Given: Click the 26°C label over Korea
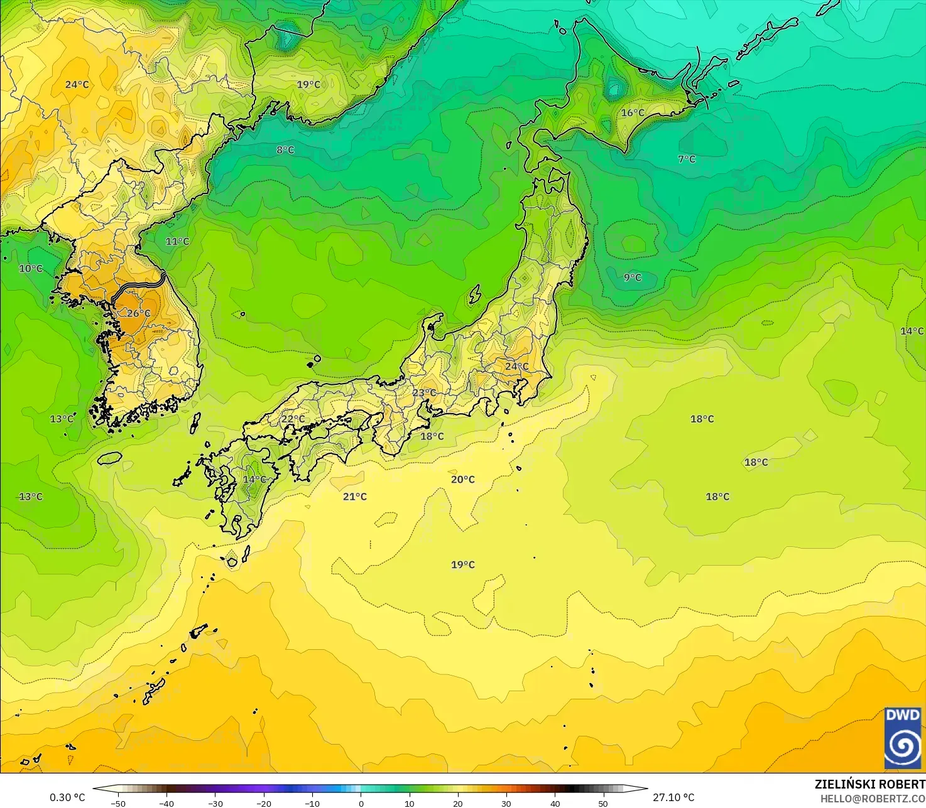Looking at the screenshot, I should tap(139, 313).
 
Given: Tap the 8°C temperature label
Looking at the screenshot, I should tap(285, 150).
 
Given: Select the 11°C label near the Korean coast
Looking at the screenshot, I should tap(177, 241).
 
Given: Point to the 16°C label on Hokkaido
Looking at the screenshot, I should tap(633, 113).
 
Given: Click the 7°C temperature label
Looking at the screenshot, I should tap(687, 159).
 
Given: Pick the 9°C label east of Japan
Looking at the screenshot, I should tap(633, 277).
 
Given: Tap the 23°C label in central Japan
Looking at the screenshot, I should tap(424, 393).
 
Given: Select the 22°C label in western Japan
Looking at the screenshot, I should tap(293, 419).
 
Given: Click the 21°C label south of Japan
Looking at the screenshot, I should tap(355, 497).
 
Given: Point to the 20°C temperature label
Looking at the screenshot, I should tap(463, 480).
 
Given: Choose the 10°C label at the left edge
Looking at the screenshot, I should tap(31, 269).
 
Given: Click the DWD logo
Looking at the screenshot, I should tap(903, 738).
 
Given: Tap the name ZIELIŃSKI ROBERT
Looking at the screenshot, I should tap(869, 784).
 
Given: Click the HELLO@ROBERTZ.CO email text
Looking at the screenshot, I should tap(873, 798).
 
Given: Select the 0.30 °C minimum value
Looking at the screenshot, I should tap(67, 797).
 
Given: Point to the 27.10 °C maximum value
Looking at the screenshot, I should tap(673, 797).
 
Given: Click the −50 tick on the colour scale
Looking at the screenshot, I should tap(117, 803).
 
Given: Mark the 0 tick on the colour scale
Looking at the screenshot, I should tap(361, 803).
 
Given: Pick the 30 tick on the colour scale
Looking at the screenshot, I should tap(506, 803).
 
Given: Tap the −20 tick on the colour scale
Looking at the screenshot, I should tap(263, 803).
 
